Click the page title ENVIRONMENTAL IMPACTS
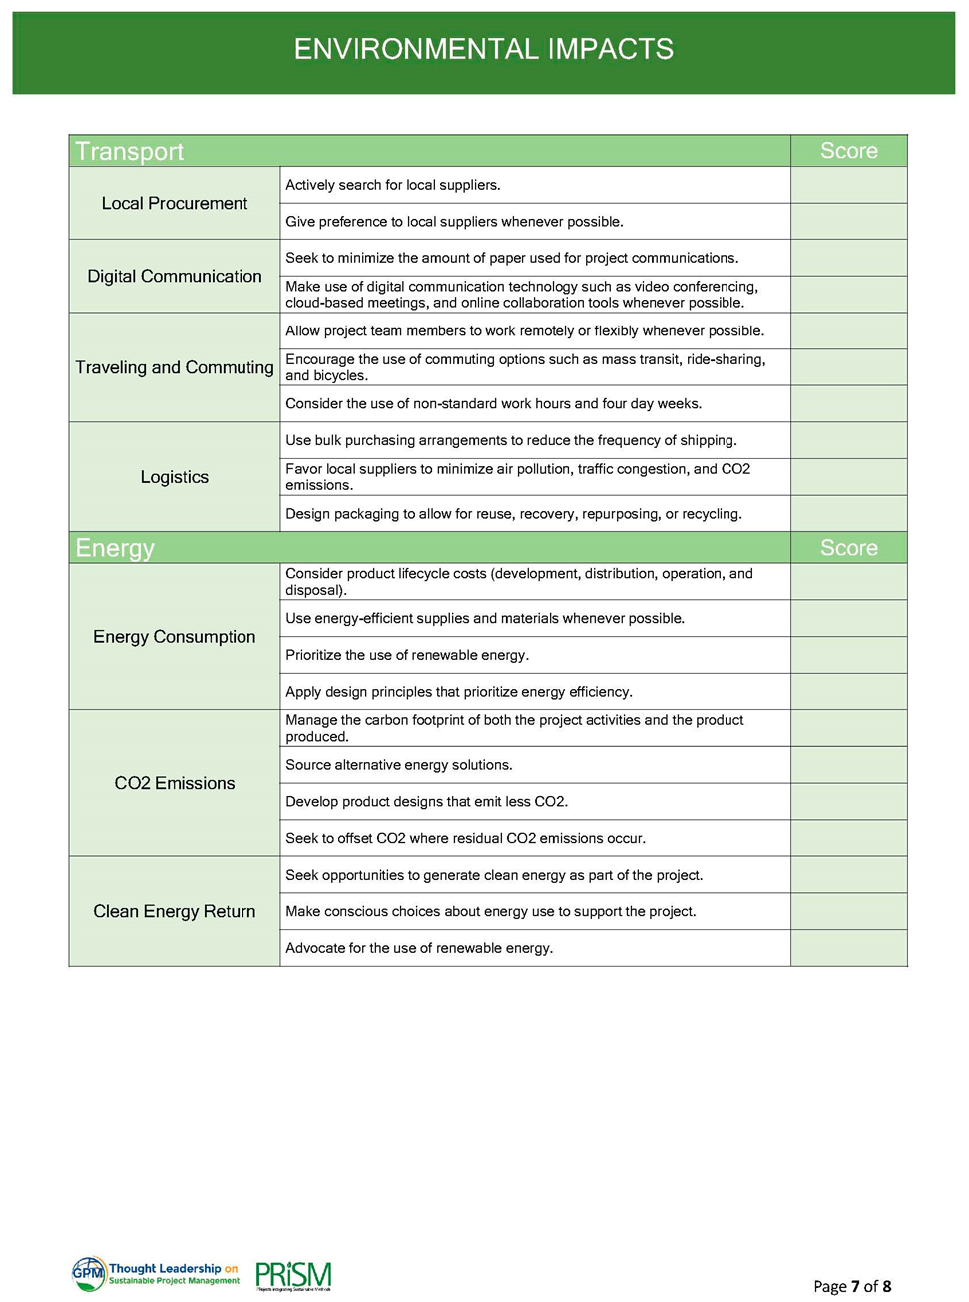tap(483, 49)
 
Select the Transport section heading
tap(130, 151)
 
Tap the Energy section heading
tap(115, 548)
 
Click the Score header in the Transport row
tap(848, 151)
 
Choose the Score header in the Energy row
tap(848, 548)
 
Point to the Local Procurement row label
tap(175, 203)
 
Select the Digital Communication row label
tap(175, 276)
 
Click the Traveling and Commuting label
tap(175, 367)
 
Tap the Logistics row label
tap(175, 477)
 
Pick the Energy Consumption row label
tap(175, 637)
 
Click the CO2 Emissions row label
tap(175, 783)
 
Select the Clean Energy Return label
tap(175, 911)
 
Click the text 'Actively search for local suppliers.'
tap(393, 185)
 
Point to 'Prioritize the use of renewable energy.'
tap(407, 655)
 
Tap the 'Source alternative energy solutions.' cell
tap(399, 765)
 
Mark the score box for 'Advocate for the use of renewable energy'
tap(848, 948)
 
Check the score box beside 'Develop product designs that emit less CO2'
tap(848, 801)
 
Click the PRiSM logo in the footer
tap(293, 1276)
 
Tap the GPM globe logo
tap(89, 1273)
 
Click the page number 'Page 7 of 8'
tap(852, 1286)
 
